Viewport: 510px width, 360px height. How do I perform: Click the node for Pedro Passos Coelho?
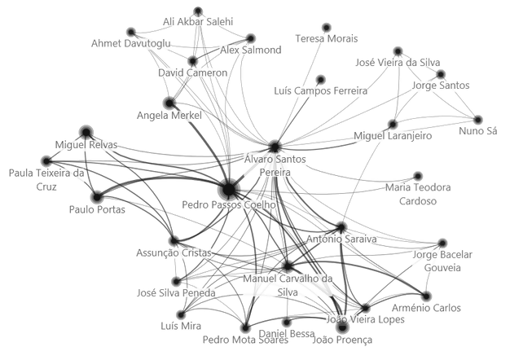(x=229, y=189)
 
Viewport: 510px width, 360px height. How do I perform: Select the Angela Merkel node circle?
(x=169, y=103)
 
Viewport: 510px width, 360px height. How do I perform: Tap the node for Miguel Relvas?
(x=86, y=131)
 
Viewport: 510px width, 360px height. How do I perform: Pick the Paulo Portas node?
(x=97, y=196)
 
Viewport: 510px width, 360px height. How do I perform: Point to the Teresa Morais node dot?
(x=327, y=28)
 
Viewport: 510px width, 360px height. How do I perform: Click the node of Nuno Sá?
(x=478, y=120)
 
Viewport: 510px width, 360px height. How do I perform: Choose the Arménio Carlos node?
(x=426, y=295)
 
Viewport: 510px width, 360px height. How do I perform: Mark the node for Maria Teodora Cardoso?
(x=418, y=176)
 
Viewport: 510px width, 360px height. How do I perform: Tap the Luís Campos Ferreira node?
(x=320, y=80)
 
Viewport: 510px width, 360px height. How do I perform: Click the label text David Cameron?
(x=192, y=73)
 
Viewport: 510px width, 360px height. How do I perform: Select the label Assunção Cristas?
(x=174, y=253)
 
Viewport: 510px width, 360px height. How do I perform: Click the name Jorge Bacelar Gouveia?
(x=442, y=261)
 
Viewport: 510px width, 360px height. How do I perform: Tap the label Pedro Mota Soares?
(x=245, y=340)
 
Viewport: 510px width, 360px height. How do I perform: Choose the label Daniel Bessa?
(x=287, y=334)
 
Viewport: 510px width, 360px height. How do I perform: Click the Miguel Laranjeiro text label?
(x=393, y=135)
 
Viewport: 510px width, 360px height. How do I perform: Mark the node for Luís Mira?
(x=182, y=314)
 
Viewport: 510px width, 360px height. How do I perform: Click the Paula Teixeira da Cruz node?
(x=46, y=161)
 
